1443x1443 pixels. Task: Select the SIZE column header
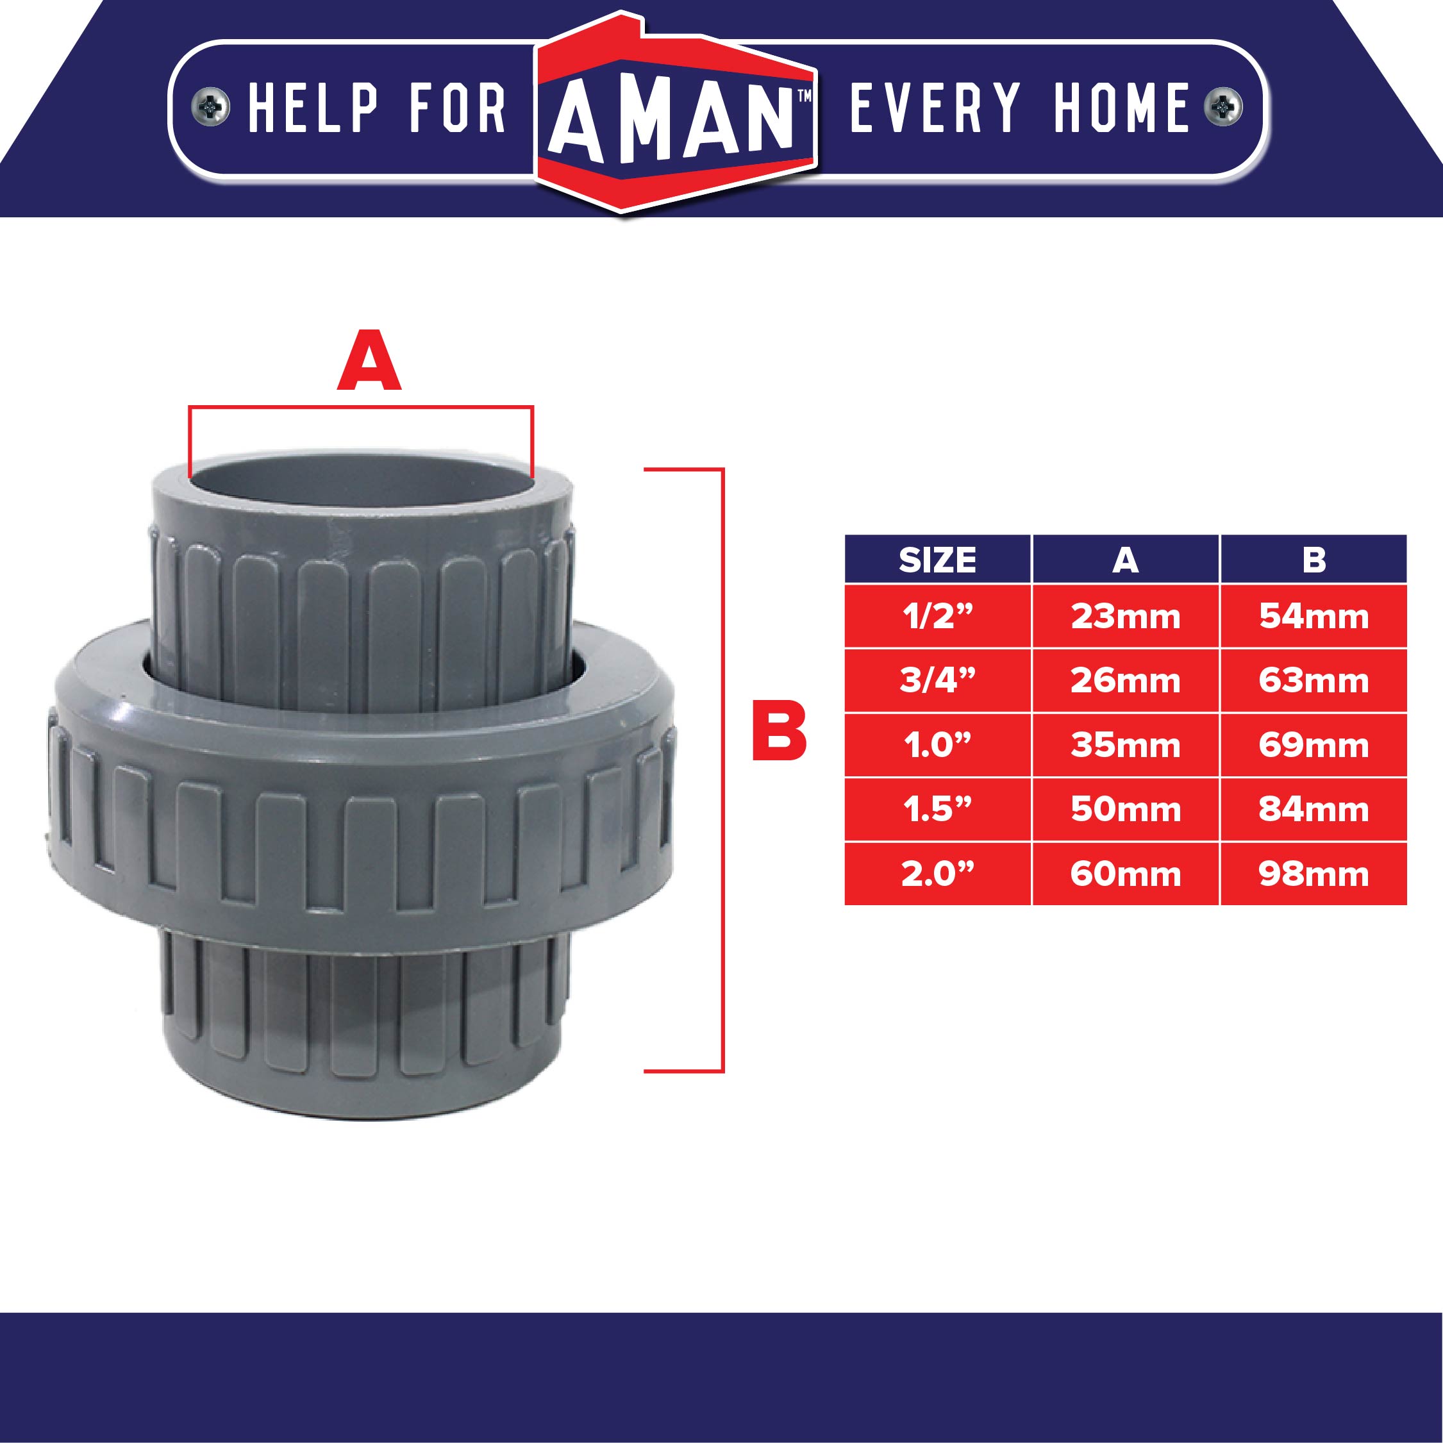tap(937, 560)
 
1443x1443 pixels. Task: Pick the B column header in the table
tap(1314, 560)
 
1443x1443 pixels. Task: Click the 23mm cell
tap(1126, 617)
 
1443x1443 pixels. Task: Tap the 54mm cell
tap(1314, 617)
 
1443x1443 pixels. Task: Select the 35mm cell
tap(1126, 746)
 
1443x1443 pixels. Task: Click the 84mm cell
tap(1314, 810)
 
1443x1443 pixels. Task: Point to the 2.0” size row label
tap(937, 874)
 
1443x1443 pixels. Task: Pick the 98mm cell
tap(1314, 874)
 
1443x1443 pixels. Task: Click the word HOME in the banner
tap(1121, 108)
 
